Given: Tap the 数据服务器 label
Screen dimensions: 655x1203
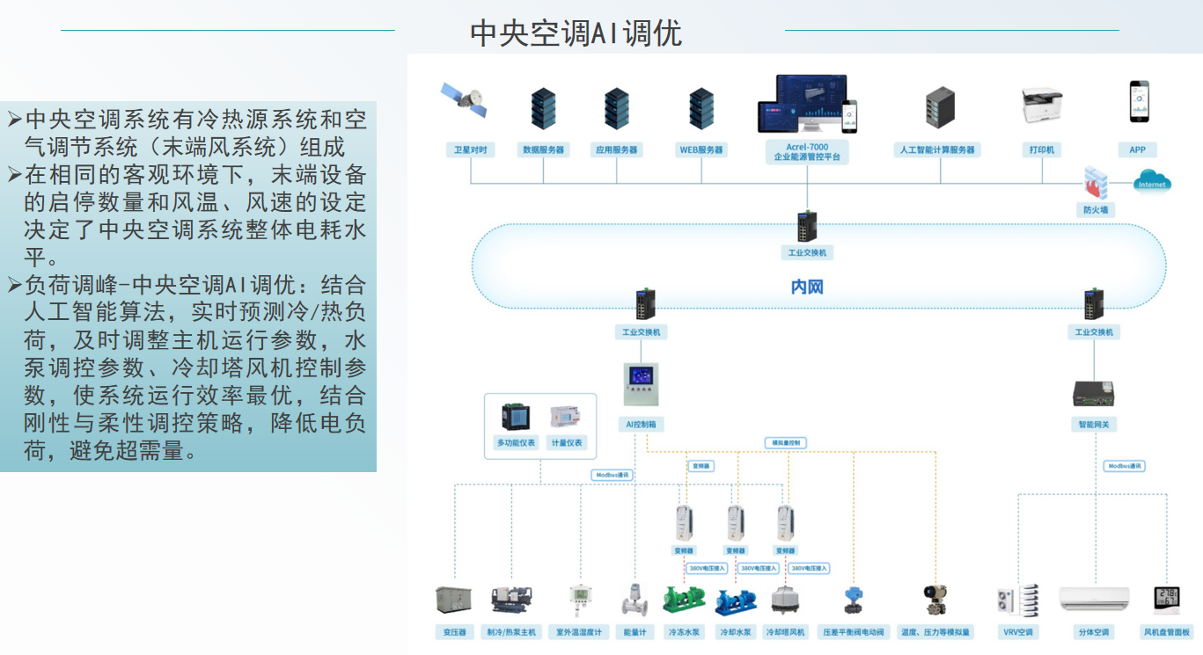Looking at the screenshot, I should click(x=543, y=150).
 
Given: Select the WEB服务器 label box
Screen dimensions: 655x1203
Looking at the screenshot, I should click(x=701, y=150).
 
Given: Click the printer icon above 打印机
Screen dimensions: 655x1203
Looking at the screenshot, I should click(x=1042, y=106).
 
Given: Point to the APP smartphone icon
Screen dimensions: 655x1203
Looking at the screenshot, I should click(x=1139, y=102).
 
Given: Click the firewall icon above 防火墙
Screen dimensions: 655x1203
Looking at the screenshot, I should click(x=1095, y=183).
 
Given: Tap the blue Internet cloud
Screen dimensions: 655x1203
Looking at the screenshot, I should click(x=1151, y=182).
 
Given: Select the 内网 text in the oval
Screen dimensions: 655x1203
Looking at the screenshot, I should click(x=807, y=287).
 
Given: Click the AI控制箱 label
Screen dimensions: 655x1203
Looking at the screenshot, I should click(x=641, y=424).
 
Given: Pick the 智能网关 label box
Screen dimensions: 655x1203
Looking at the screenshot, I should click(x=1094, y=424).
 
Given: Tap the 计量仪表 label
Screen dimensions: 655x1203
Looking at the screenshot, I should click(x=567, y=442).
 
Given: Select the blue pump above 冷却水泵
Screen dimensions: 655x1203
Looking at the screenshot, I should click(x=735, y=601).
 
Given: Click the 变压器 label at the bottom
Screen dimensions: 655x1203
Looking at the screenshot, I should click(x=454, y=632).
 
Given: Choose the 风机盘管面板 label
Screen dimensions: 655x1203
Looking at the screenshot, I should click(x=1166, y=632).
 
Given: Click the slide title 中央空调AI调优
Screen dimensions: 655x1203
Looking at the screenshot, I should click(x=576, y=33).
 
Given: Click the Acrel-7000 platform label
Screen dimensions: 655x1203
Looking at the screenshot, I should click(x=807, y=152).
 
